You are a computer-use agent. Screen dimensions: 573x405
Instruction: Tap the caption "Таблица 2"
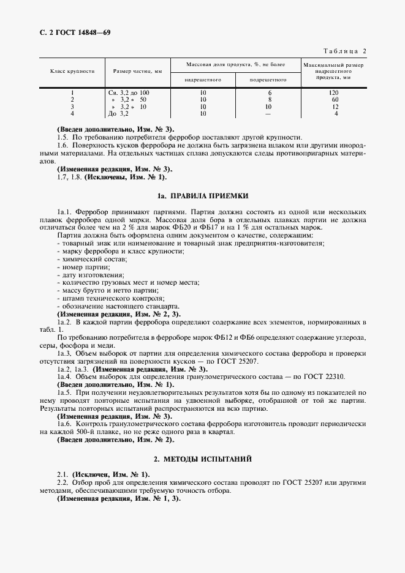click(344, 51)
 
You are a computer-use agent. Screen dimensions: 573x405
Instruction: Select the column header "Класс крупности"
click(72, 71)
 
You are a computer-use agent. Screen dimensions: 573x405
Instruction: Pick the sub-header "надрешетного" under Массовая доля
click(203, 80)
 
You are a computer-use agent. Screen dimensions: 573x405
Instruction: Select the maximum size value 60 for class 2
click(335, 99)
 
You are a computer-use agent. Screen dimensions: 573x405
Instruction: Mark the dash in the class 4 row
click(268, 113)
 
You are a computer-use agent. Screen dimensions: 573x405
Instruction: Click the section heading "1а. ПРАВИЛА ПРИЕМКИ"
click(202, 197)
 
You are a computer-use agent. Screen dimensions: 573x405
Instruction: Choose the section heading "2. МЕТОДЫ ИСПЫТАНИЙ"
click(202, 459)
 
